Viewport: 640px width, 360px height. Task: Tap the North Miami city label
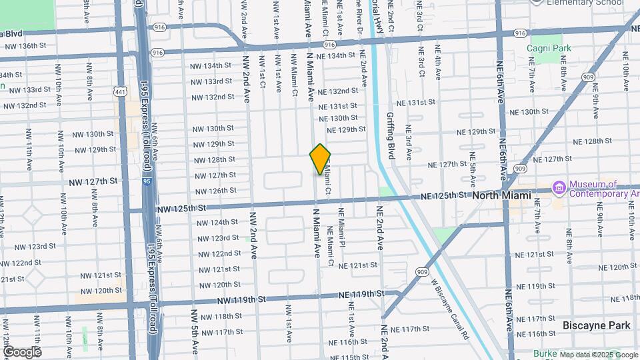tap(501, 196)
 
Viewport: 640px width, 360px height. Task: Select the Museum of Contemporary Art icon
tap(558, 189)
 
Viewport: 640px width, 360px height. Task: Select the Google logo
tap(22, 351)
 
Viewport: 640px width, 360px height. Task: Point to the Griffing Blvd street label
tap(391, 136)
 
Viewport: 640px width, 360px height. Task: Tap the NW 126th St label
tap(213, 191)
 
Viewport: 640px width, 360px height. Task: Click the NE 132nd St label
tap(338, 91)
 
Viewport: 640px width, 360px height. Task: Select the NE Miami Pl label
tap(342, 229)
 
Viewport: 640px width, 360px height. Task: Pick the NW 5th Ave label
tap(195, 331)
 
